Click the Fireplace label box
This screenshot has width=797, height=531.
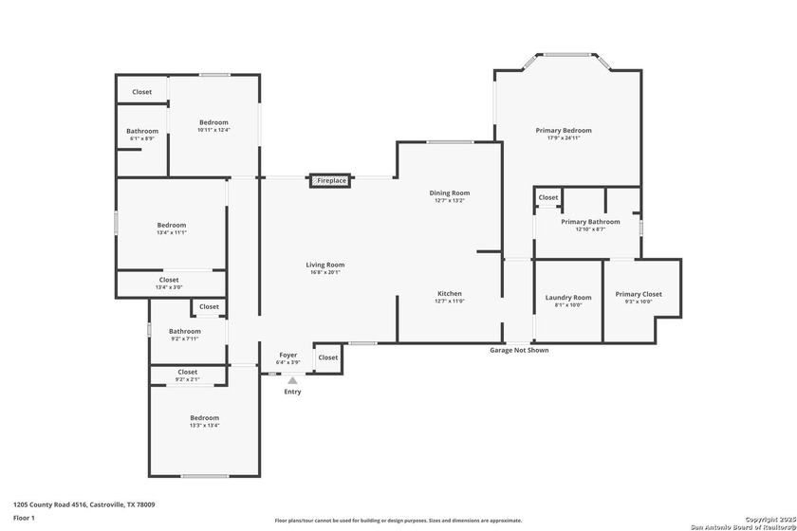[331, 180]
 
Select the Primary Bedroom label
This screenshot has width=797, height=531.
[563, 131]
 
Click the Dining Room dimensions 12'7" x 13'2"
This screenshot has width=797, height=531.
[451, 201]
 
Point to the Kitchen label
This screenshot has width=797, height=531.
[450, 293]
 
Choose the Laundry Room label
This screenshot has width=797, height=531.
[567, 298]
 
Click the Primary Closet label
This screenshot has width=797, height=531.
[638, 294]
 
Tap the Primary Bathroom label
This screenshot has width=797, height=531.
[589, 222]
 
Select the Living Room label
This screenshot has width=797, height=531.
[324, 265]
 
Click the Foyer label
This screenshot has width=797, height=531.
[287, 355]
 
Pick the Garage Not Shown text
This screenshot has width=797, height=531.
[518, 350]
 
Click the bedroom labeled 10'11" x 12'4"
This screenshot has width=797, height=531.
[213, 122]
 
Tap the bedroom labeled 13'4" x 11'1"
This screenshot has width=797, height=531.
[171, 225]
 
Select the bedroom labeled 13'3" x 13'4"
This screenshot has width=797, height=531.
[204, 418]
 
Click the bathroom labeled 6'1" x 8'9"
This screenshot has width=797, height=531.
[142, 131]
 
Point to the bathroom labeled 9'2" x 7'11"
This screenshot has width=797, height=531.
[185, 331]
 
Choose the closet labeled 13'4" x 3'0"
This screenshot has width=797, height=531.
[168, 280]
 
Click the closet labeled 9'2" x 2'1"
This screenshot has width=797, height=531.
[187, 373]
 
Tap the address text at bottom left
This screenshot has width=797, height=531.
[83, 504]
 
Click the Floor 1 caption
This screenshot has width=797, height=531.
[24, 518]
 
